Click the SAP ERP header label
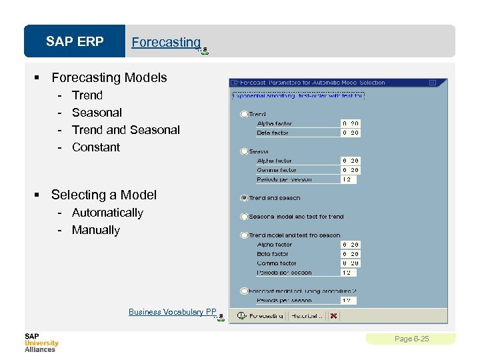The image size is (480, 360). (75, 42)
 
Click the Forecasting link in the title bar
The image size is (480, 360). (166, 42)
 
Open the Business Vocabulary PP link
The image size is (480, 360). (173, 312)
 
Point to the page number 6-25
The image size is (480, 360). (411, 339)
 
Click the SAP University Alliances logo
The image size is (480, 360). (41, 342)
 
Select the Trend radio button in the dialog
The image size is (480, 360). (244, 114)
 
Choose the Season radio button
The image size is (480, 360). (244, 151)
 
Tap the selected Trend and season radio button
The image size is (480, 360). (244, 198)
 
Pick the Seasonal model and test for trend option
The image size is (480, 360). (244, 217)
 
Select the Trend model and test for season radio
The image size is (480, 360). (244, 235)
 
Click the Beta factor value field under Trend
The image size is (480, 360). (350, 133)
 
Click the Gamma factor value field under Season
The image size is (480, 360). (350, 170)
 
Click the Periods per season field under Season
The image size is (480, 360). (350, 179)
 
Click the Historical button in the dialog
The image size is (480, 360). (306, 316)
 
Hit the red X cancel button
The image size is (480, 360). (333, 316)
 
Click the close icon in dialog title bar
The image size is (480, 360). (432, 83)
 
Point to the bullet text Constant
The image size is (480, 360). (95, 147)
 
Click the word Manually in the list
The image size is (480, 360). (95, 230)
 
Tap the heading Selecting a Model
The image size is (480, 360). (103, 195)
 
